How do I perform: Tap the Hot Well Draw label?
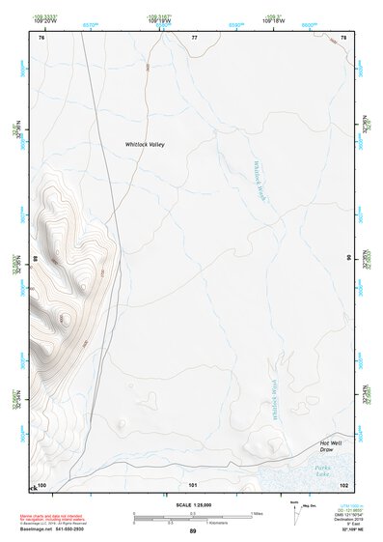pyautogui.click(x=331, y=446)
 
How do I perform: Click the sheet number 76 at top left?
pyautogui.click(x=41, y=38)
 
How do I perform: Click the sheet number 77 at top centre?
pyautogui.click(x=194, y=38)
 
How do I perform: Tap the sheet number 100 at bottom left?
pyautogui.click(x=41, y=483)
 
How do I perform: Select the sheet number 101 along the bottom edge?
pyautogui.click(x=193, y=483)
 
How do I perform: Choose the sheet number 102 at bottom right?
pyautogui.click(x=343, y=483)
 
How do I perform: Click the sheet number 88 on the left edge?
pyautogui.click(x=38, y=259)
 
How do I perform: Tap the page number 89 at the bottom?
pyautogui.click(x=193, y=531)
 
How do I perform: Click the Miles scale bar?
pyautogui.click(x=192, y=513)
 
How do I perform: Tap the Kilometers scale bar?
pyautogui.click(x=192, y=521)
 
